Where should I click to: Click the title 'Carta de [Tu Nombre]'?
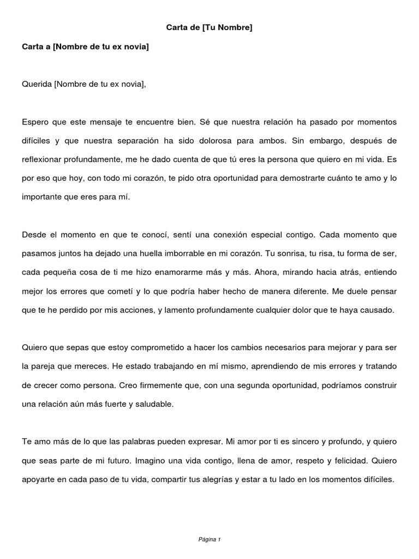click(209, 27)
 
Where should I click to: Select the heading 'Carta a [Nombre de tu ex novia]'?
click(85, 47)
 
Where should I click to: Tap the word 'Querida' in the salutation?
click(37, 84)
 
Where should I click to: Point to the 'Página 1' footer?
click(209, 539)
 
